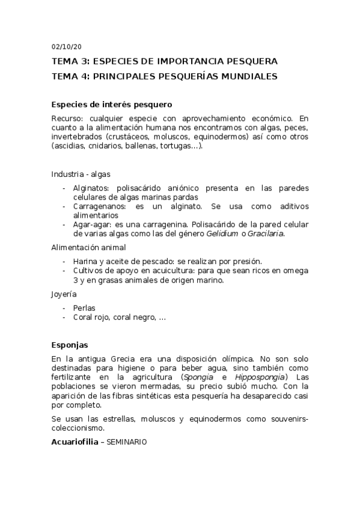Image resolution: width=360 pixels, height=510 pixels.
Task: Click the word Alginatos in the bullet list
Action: (x=91, y=188)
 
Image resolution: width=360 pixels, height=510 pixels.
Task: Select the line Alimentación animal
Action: (x=88, y=247)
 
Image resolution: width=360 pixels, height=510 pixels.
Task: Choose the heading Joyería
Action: (x=64, y=294)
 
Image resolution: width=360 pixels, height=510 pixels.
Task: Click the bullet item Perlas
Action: (x=84, y=308)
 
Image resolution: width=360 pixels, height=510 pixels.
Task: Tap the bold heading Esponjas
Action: (x=70, y=345)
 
